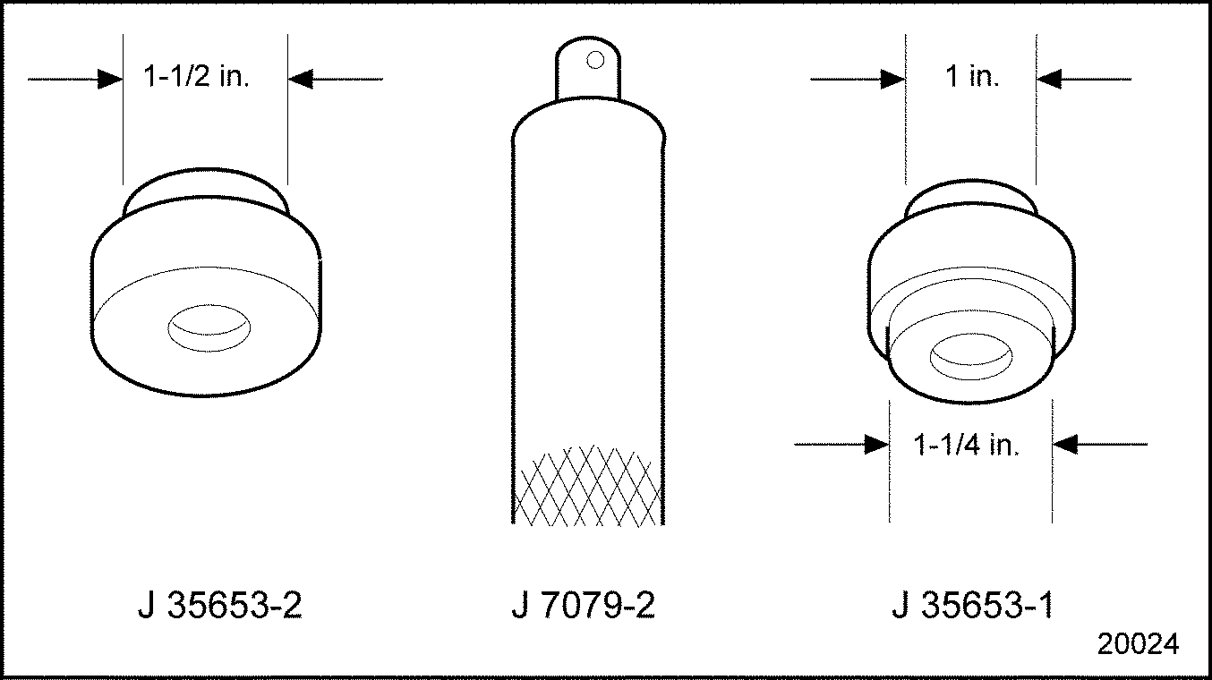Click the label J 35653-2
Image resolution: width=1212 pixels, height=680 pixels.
tap(220, 605)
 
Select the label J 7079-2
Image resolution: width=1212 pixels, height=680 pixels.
tap(584, 605)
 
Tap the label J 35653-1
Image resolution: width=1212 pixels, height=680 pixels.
tap(973, 605)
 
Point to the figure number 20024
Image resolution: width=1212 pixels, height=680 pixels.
tap(1138, 643)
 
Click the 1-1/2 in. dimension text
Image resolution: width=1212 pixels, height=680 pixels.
tap(196, 76)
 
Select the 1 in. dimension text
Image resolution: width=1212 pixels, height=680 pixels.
tap(972, 76)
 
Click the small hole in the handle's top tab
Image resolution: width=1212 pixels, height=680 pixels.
tap(595, 60)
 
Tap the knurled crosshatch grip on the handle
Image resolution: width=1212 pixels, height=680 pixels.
tap(588, 486)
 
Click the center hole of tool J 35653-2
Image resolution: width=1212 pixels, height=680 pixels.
tap(209, 327)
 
